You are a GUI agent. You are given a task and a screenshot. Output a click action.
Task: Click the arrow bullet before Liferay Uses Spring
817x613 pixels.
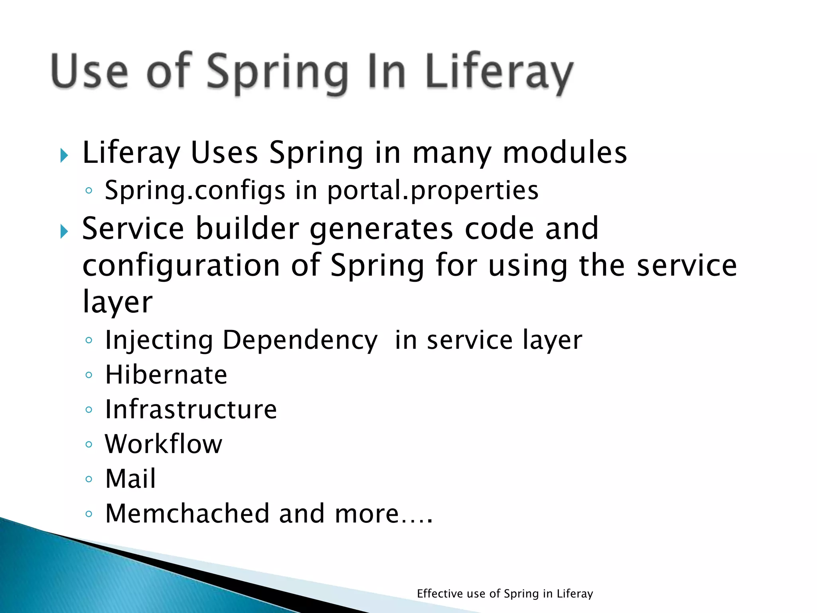(64, 155)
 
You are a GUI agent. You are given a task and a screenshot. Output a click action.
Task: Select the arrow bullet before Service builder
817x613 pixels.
(64, 231)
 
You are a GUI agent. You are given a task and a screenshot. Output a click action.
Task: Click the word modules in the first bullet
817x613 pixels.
(564, 153)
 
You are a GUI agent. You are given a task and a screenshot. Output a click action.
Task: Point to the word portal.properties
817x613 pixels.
(433, 191)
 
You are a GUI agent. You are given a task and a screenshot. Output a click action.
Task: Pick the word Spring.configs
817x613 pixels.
(195, 191)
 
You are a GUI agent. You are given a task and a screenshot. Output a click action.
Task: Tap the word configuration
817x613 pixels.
(181, 265)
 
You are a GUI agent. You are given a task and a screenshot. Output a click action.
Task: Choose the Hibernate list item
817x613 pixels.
(166, 375)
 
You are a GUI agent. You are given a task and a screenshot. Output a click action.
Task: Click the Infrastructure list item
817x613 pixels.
(191, 410)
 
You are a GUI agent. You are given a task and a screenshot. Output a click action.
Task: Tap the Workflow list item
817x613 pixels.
(164, 444)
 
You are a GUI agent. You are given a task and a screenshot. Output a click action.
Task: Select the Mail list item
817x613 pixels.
(130, 479)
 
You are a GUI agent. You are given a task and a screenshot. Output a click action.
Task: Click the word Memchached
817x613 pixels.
(187, 514)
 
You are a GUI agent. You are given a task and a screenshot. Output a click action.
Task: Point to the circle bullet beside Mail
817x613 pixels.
(89, 479)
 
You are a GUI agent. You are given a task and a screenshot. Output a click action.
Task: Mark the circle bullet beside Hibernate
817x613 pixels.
(89, 376)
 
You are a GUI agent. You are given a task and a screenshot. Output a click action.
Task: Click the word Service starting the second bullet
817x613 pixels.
(133, 229)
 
